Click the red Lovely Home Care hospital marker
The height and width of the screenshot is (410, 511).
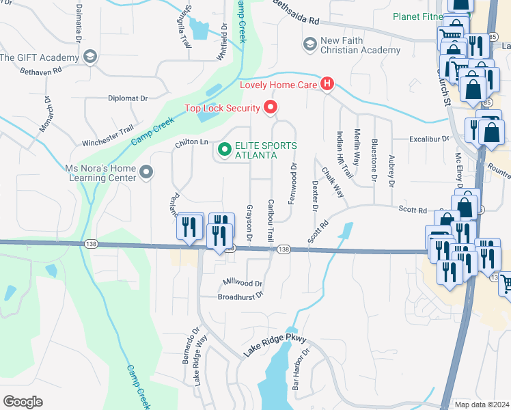pos(327,85)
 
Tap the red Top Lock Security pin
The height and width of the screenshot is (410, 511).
pos(271,107)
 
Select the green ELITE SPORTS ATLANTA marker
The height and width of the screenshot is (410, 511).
pos(223,148)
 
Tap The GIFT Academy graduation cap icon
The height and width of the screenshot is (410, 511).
pos(89,57)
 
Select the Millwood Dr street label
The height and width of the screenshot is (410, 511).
pos(243,283)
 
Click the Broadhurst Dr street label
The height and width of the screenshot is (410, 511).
pos(240,297)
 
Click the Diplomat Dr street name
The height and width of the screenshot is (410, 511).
pos(128,98)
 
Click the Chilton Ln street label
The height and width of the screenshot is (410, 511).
pos(191,141)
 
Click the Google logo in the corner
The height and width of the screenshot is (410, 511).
pos(22,402)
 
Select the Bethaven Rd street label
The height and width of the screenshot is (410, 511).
pos(41,70)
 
